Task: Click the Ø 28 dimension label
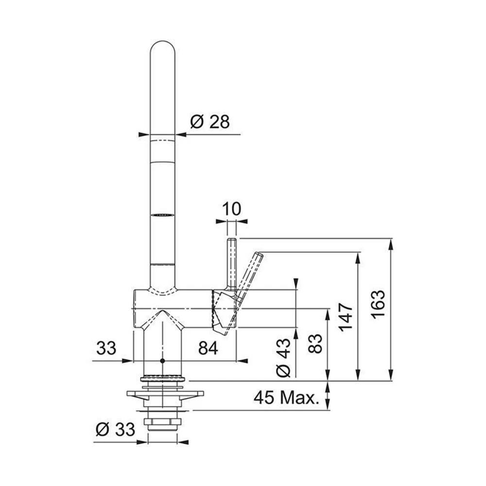click(210, 121)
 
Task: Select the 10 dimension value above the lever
click(231, 209)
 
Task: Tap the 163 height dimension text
click(378, 305)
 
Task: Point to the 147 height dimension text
click(346, 317)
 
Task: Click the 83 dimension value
click(315, 344)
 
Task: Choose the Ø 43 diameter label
click(283, 357)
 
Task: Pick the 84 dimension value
click(208, 348)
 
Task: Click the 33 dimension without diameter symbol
click(106, 348)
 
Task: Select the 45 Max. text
click(286, 397)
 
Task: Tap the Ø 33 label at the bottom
click(115, 429)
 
